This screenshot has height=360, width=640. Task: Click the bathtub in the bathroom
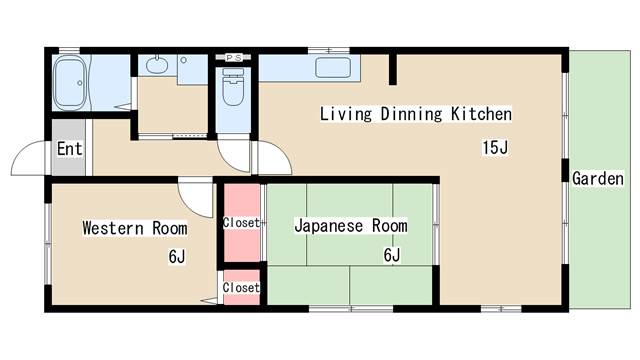[70, 83]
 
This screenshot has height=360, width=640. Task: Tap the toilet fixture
[233, 87]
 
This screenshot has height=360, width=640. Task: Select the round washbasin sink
[157, 65]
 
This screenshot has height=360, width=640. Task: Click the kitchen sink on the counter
[333, 67]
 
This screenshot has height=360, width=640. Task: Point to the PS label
[234, 58]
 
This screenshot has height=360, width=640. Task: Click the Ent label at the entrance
[69, 149]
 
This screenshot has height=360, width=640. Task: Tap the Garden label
[598, 179]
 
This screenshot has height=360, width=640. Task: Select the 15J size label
[495, 147]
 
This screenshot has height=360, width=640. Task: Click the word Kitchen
[481, 114]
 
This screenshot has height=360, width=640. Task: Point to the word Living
[346, 114]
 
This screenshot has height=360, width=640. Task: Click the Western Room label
[135, 228]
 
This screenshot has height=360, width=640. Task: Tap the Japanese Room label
[351, 226]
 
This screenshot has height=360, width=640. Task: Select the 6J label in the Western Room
[177, 257]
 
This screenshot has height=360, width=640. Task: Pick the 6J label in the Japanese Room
[392, 255]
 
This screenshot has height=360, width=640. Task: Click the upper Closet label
[241, 223]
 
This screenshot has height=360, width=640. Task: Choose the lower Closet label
[241, 287]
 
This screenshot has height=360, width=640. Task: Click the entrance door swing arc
[21, 150]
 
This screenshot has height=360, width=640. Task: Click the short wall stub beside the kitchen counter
[393, 69]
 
